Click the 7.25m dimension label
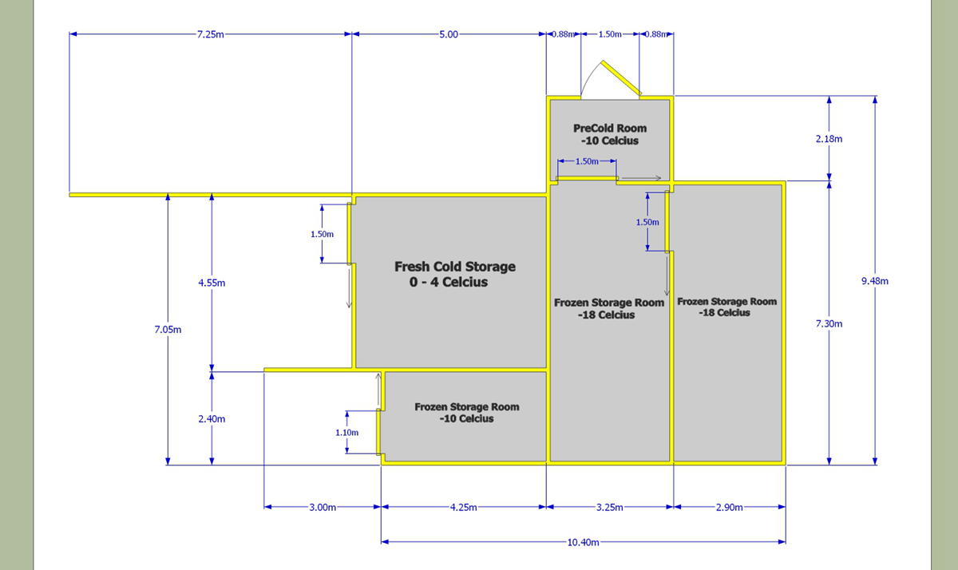[x=211, y=34]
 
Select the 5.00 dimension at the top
[x=449, y=34]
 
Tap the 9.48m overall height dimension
[x=875, y=281]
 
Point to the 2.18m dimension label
[x=829, y=139]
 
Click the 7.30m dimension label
[x=829, y=323]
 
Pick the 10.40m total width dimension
[x=583, y=543]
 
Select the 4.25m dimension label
[x=463, y=508]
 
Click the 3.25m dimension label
[x=609, y=508]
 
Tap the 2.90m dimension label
[x=729, y=508]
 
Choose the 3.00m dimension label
[x=323, y=508]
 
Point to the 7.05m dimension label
[x=168, y=329]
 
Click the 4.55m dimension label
[x=212, y=283]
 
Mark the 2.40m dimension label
[x=212, y=419]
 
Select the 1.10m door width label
[x=346, y=433]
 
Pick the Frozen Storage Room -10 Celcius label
[x=466, y=413]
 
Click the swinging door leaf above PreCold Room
[x=621, y=77]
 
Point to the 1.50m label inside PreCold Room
[x=587, y=161]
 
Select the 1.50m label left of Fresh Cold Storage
[x=322, y=235]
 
